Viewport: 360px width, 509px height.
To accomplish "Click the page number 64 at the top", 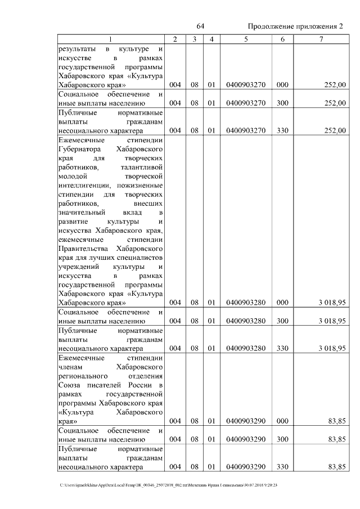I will (x=200, y=27).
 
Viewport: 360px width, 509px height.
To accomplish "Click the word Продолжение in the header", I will (x=270, y=27).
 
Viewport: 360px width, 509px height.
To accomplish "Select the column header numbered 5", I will (x=246, y=39).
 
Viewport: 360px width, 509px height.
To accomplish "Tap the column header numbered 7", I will (x=321, y=39).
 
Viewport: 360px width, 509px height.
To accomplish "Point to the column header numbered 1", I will (x=110, y=39).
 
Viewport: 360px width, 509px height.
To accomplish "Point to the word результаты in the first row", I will (x=77, y=49).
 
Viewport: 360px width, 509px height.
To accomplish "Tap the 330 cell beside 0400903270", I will (x=282, y=130).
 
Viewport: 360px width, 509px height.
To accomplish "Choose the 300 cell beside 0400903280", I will (x=282, y=321).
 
